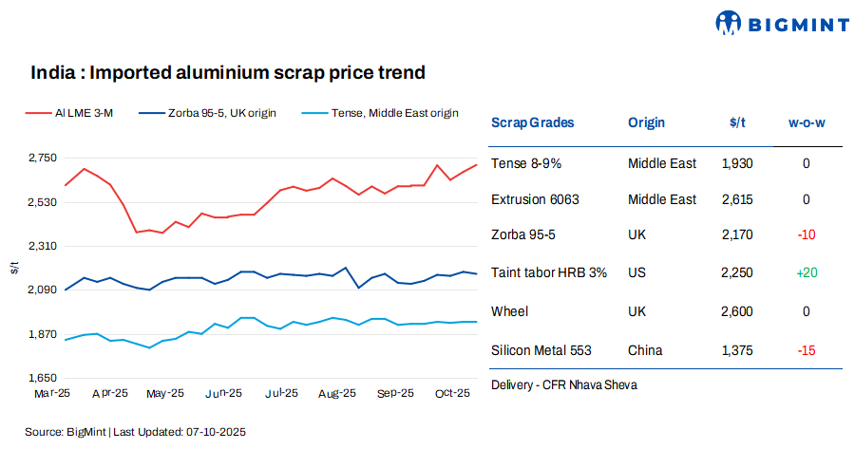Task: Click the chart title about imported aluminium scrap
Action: click(227, 72)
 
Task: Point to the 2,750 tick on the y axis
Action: click(41, 158)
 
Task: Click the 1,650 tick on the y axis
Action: click(41, 378)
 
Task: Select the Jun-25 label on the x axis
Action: click(223, 393)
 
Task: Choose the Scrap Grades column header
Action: click(532, 122)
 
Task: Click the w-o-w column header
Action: click(807, 122)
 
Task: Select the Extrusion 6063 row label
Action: click(535, 199)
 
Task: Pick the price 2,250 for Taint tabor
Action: click(737, 272)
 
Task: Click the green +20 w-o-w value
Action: click(807, 272)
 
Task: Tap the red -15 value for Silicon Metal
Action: click(807, 350)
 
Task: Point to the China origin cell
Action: click(645, 350)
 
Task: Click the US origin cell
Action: click(636, 272)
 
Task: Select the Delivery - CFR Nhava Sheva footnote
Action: click(564, 384)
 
